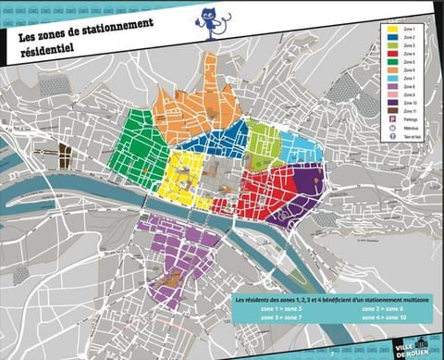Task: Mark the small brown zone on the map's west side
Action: (65, 154)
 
